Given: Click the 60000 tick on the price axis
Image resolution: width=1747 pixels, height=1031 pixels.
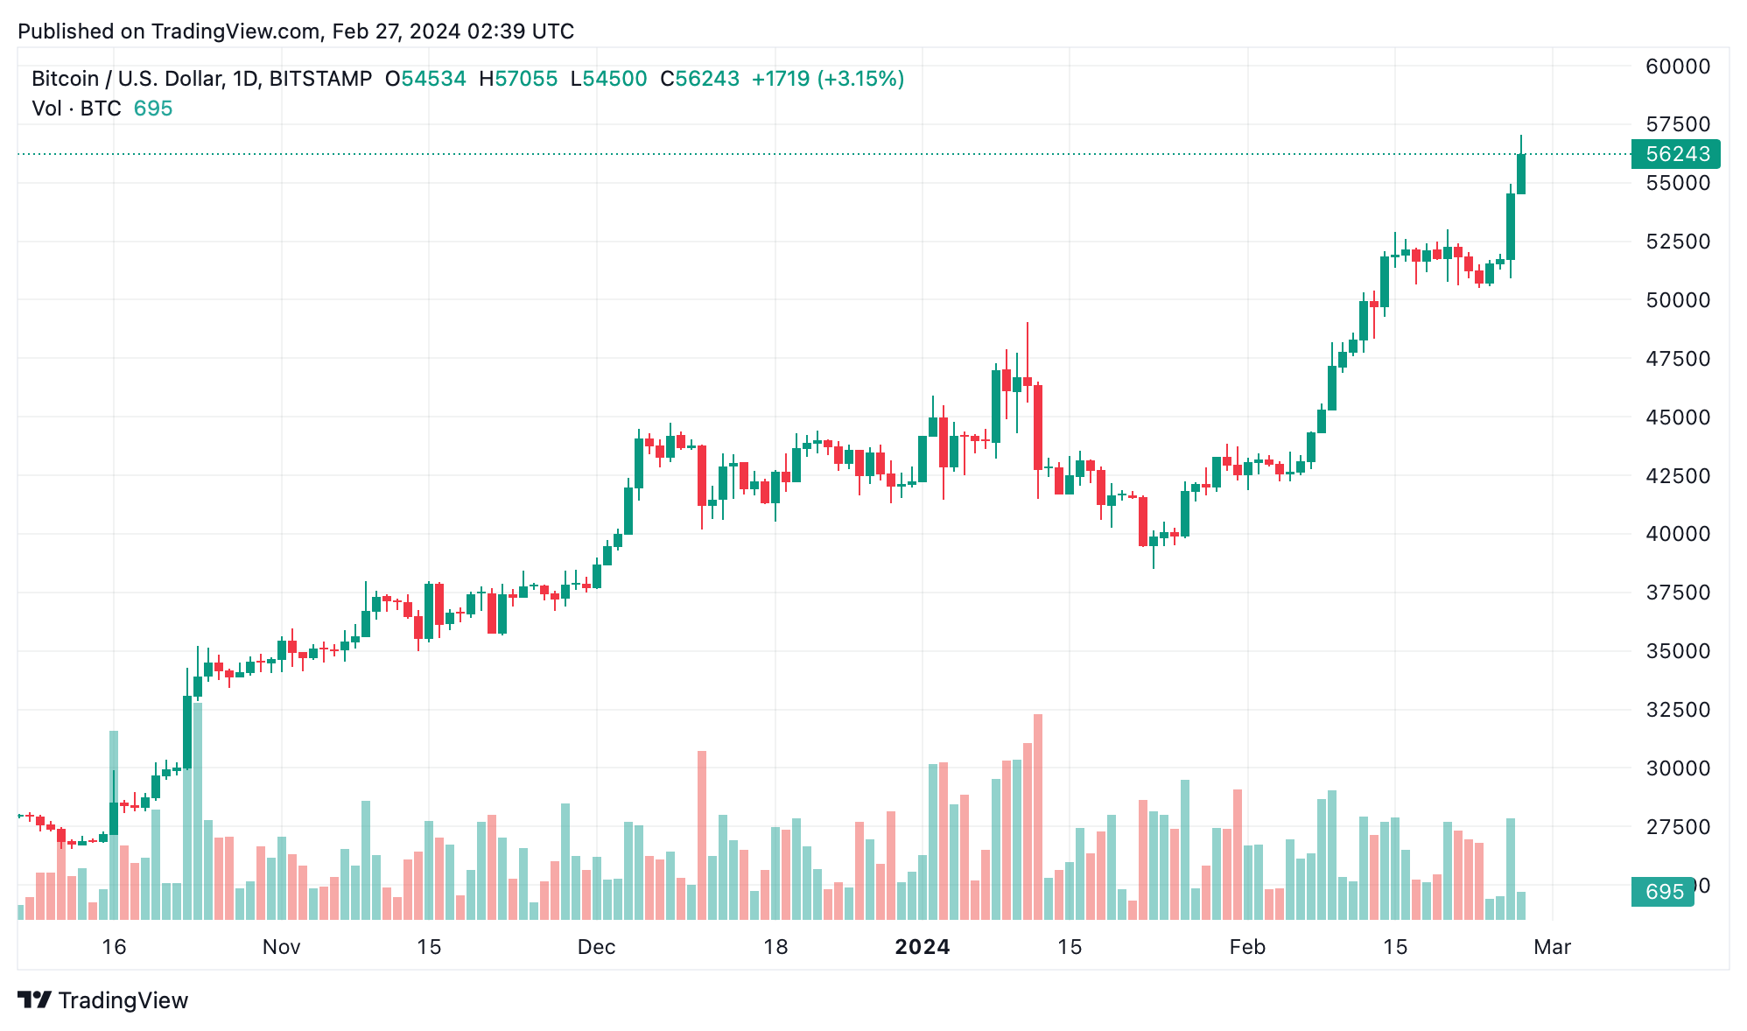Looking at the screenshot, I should (x=1677, y=67).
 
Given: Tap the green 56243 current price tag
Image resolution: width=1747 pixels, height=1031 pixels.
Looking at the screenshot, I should (x=1676, y=154).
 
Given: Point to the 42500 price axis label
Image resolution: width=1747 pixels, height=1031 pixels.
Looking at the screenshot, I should (x=1677, y=476).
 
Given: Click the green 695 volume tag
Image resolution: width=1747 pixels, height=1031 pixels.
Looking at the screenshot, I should (x=1663, y=892).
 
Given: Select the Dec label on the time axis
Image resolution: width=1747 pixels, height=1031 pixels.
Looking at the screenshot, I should (x=596, y=947).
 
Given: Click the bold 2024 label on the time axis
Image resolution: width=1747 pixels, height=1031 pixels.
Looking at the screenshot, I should (x=922, y=947).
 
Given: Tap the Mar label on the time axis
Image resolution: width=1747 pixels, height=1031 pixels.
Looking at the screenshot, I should (x=1552, y=947).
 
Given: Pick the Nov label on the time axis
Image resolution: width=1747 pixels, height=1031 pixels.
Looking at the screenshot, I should (x=281, y=947).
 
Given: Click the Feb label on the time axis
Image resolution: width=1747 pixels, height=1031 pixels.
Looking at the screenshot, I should (x=1246, y=947).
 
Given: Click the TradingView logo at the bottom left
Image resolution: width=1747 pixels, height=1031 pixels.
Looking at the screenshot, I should (x=103, y=1000).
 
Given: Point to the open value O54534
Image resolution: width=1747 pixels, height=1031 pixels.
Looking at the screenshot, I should (x=425, y=79).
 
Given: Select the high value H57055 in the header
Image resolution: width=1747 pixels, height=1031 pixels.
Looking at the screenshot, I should (x=518, y=79).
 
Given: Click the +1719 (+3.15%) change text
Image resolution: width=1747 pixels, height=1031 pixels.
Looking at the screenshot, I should (x=827, y=79).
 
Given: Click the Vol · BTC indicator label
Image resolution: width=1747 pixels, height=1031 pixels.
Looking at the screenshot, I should (x=76, y=109).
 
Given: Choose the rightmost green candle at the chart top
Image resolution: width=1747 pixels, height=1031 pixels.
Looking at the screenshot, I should (x=1521, y=173).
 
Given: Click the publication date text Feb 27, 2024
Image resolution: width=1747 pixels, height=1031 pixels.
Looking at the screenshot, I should (x=396, y=32).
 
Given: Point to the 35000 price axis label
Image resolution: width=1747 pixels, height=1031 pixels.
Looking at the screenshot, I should (x=1677, y=651).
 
